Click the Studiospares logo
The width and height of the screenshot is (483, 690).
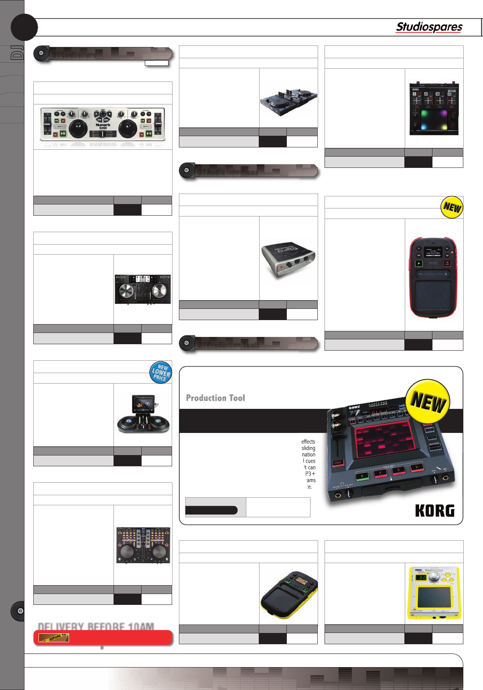429,27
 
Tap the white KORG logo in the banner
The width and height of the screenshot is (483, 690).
435,511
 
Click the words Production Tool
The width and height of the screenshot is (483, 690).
215,398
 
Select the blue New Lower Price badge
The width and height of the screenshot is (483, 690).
160,372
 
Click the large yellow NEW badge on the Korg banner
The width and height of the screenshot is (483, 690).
428,402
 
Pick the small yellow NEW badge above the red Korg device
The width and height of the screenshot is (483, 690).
452,207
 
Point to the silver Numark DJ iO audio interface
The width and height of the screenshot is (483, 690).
288,260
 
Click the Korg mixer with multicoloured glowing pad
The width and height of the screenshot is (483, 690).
434,109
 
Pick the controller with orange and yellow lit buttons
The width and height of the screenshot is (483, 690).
143,545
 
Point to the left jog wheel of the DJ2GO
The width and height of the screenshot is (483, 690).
78,129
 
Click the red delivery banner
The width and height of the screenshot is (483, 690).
103,637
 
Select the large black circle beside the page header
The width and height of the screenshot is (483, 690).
24,27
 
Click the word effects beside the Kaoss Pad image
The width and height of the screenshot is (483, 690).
308,441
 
